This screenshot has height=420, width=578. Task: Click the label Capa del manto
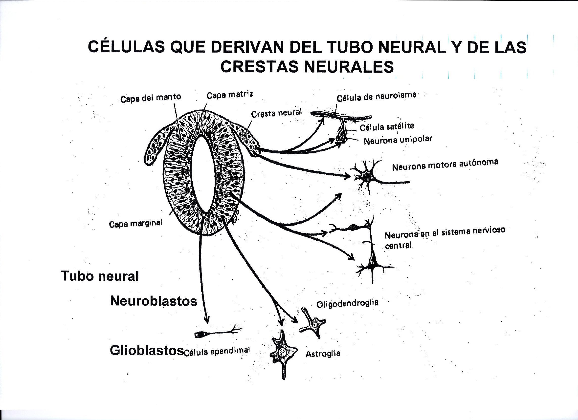click(150, 98)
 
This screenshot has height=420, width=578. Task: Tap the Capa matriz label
click(230, 95)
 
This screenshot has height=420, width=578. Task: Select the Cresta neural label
click(276, 113)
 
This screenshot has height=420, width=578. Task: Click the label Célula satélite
click(387, 126)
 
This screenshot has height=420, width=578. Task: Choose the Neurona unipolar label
click(398, 140)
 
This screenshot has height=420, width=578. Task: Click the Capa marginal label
click(135, 224)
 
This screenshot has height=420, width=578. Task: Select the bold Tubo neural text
click(100, 276)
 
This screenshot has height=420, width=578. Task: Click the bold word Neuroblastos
click(154, 301)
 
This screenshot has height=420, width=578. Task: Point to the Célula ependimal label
click(216, 352)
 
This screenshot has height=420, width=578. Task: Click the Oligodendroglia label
click(347, 303)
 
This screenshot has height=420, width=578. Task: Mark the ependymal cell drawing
click(217, 333)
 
